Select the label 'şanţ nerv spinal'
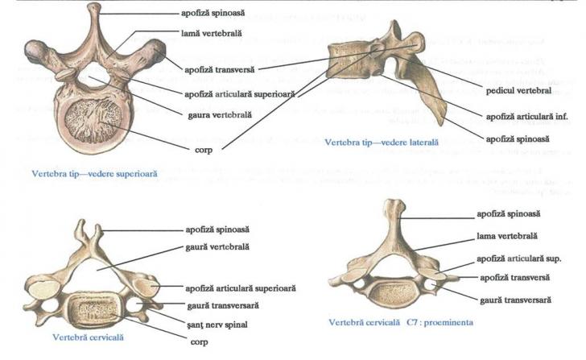[212, 325]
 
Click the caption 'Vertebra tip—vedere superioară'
[94, 172]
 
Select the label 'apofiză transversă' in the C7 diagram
[504, 277]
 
